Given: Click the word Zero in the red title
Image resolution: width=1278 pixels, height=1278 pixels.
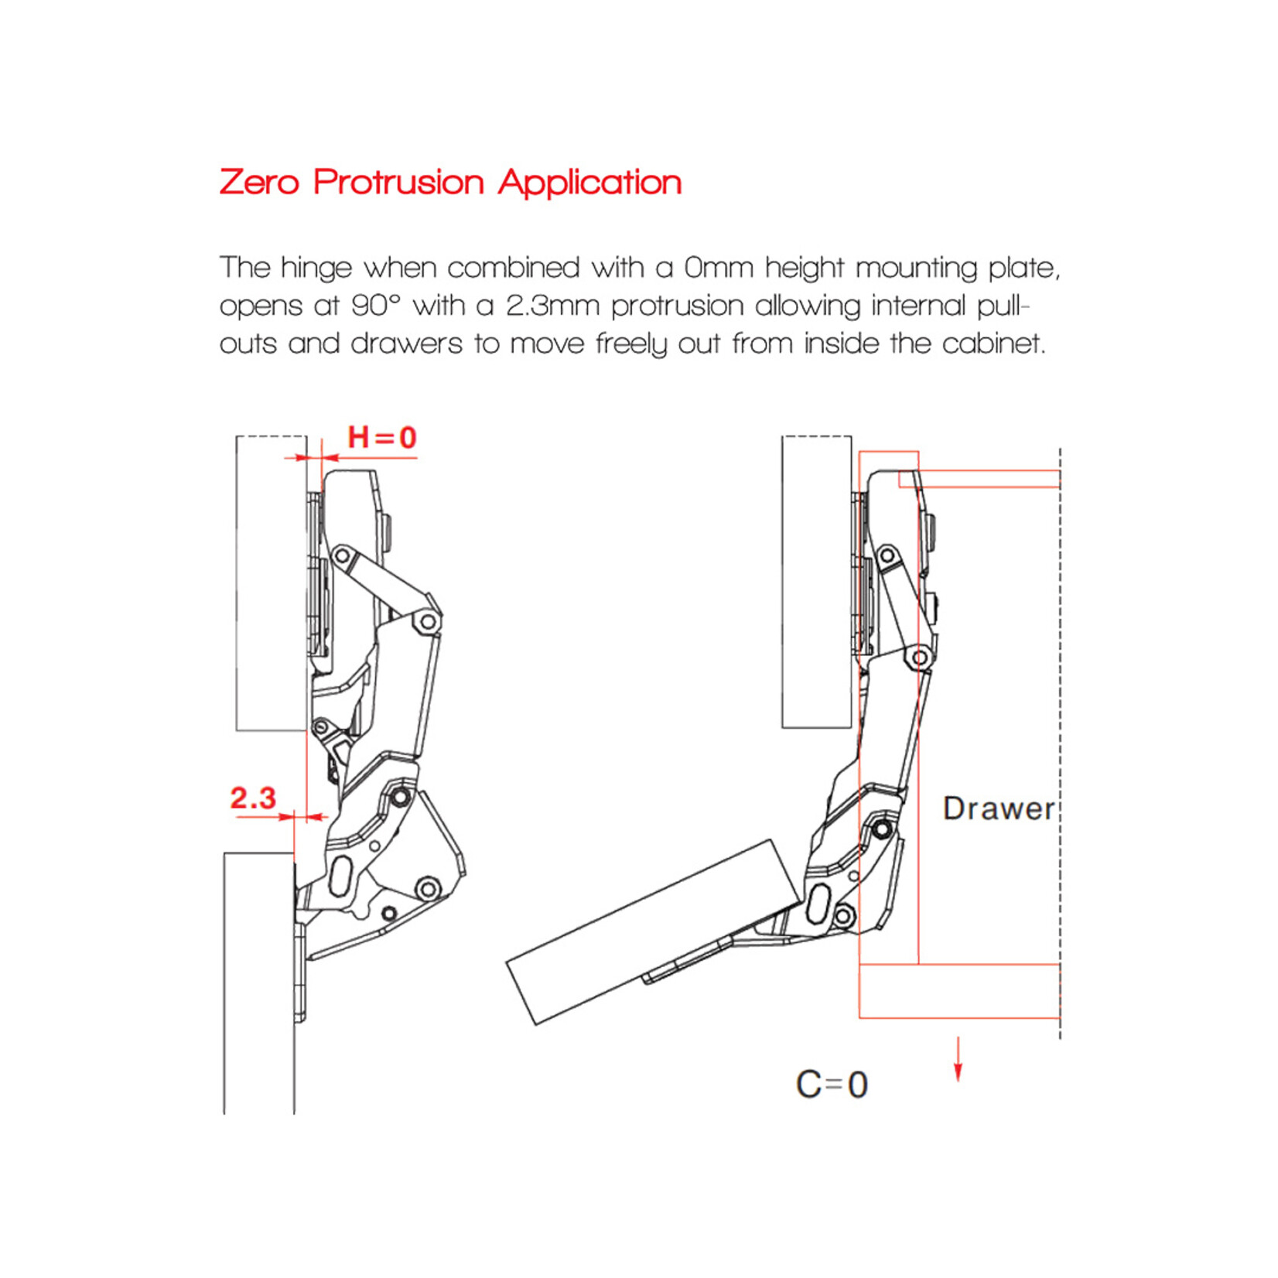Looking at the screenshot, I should [x=259, y=183].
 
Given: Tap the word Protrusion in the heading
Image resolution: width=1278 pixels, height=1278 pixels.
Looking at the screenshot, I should [x=398, y=183].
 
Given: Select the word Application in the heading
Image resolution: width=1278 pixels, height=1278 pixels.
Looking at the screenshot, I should [x=589, y=183].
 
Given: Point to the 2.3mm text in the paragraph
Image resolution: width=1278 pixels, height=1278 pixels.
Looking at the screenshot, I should [x=552, y=306].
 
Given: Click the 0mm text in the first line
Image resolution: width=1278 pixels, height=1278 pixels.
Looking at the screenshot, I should [x=719, y=268].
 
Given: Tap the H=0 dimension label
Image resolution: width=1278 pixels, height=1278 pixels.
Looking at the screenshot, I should [x=381, y=438].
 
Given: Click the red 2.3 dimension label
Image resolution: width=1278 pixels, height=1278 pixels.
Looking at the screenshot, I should [x=253, y=798].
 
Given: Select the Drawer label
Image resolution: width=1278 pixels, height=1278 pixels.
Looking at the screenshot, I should [x=998, y=809].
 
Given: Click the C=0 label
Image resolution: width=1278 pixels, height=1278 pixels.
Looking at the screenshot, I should [x=832, y=1085].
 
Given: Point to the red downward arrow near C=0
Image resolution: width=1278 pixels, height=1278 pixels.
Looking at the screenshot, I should [x=958, y=1060].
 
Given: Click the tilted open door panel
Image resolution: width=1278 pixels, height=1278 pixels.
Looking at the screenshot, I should [x=654, y=932].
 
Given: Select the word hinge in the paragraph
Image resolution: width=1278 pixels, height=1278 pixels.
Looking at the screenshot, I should [x=316, y=268].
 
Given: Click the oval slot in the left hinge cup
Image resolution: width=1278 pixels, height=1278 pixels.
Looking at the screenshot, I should [x=340, y=876].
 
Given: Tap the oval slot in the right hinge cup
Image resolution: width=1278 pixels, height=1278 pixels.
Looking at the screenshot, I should [x=819, y=904].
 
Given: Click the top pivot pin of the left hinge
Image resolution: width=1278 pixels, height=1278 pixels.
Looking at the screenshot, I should [x=342, y=555].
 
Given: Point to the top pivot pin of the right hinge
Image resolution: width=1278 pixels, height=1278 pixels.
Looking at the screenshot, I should [x=887, y=555].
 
